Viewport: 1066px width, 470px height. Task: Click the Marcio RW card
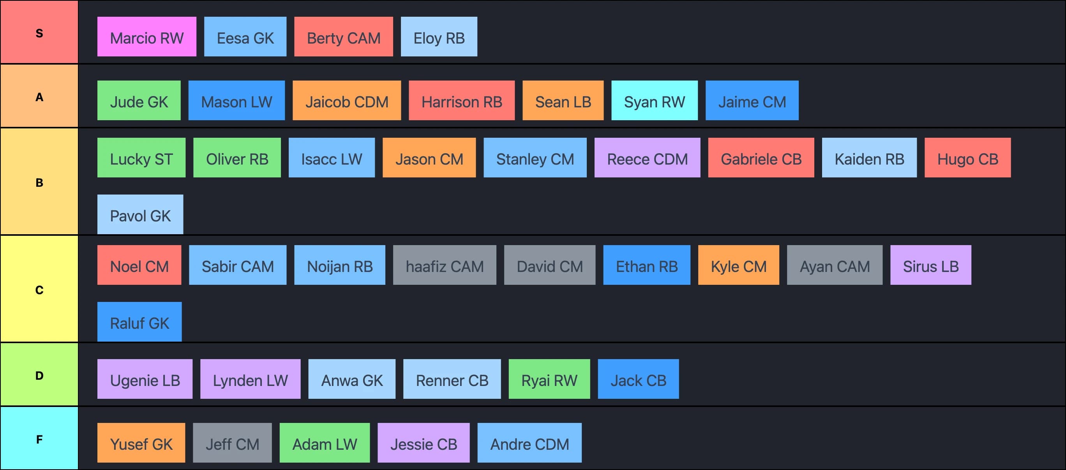tap(146, 37)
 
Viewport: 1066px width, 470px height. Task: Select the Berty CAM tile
tap(344, 37)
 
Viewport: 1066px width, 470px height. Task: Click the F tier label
tap(39, 438)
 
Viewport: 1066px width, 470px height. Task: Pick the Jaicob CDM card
tap(346, 100)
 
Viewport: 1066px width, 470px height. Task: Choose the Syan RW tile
tap(654, 100)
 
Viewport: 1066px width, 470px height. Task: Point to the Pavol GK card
tap(140, 214)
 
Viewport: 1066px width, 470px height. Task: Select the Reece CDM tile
tap(647, 158)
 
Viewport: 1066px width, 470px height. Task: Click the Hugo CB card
tap(967, 158)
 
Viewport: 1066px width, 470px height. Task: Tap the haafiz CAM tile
tap(445, 265)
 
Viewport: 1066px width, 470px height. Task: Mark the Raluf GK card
tap(139, 322)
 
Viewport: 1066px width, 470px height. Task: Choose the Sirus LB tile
tap(930, 265)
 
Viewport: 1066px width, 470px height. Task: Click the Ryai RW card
tap(549, 379)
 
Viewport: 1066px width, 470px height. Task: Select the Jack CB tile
tap(638, 379)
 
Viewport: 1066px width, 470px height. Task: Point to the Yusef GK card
tap(141, 443)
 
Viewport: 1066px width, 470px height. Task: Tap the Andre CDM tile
tap(529, 443)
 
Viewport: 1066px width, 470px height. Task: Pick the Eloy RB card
tap(439, 37)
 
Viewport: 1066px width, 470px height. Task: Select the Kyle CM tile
tap(738, 265)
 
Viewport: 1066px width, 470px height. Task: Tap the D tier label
tap(39, 375)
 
